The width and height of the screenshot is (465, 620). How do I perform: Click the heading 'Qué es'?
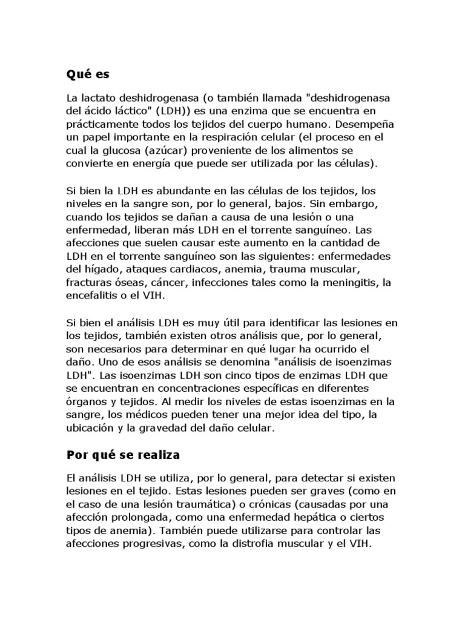point(89,75)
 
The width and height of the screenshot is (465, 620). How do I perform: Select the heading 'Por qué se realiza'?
point(125,453)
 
